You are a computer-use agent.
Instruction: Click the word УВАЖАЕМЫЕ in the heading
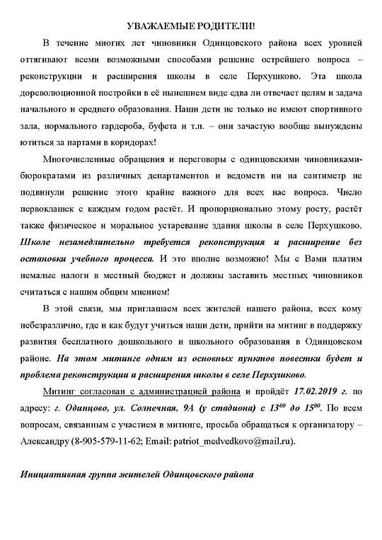click(x=154, y=25)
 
